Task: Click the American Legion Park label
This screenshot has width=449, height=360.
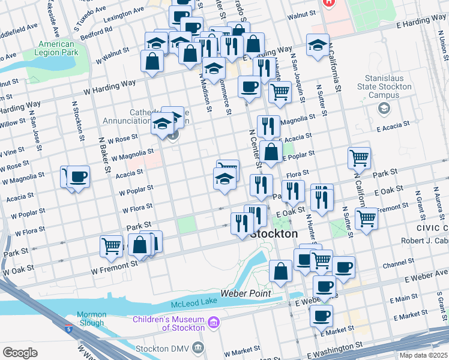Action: click(x=58, y=49)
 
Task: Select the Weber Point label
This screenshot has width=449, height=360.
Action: click(x=246, y=293)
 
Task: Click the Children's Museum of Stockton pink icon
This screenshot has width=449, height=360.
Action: click(x=213, y=325)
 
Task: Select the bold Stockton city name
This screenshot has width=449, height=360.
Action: click(x=274, y=233)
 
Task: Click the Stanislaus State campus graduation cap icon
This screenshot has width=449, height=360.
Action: click(x=382, y=109)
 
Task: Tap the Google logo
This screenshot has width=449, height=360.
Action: click(x=20, y=353)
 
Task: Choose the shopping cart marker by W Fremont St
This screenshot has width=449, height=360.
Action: click(x=112, y=246)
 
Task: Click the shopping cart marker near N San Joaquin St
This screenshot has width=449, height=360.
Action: click(x=280, y=92)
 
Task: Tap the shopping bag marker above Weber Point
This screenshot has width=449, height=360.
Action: click(x=280, y=270)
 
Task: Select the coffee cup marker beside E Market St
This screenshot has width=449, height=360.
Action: click(x=321, y=314)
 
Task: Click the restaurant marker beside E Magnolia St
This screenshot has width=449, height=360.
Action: click(x=268, y=125)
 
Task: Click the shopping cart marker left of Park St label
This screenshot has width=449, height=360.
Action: click(x=359, y=158)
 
